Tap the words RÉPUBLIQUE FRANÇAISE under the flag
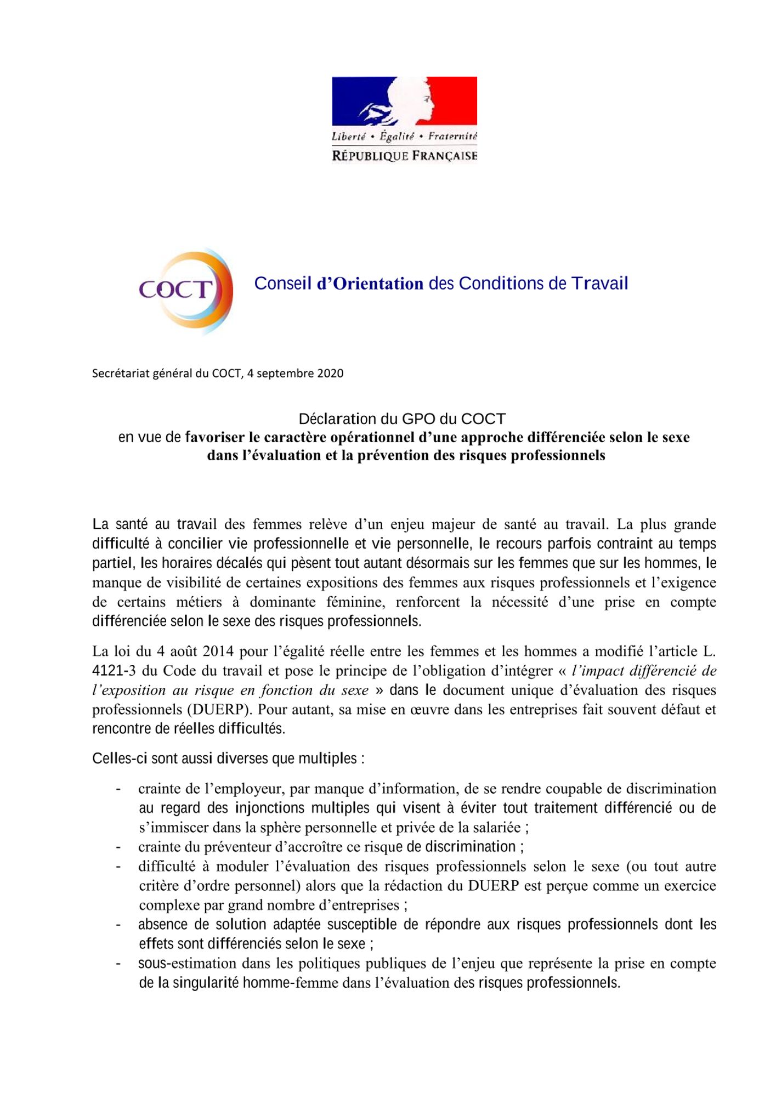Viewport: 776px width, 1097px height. (405, 156)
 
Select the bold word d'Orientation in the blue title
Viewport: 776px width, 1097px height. (370, 284)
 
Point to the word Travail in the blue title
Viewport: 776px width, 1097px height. (599, 284)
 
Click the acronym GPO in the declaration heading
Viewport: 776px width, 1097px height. (418, 419)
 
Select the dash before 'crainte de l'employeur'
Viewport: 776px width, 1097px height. (118, 789)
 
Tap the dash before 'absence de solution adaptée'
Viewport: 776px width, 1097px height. (118, 925)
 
